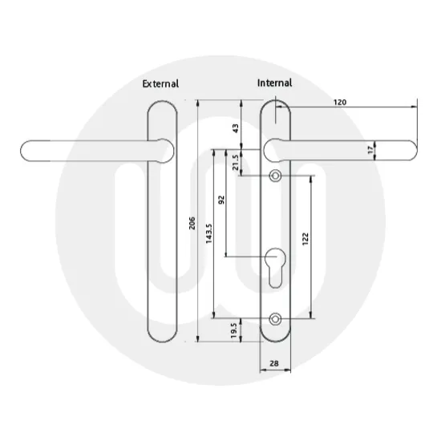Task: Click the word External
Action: pos(160,83)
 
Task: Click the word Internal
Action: pos(274,83)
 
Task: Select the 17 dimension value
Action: pos(394,151)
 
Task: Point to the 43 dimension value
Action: pos(235,128)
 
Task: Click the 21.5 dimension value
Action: pos(235,164)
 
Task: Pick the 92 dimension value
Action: pos(221,201)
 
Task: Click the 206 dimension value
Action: pos(192,223)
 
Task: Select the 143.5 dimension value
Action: pos(208,235)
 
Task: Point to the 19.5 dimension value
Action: pos(233,330)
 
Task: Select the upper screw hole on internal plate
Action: pos(276,176)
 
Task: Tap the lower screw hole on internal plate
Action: pos(276,318)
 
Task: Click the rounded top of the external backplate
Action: pos(160,106)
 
